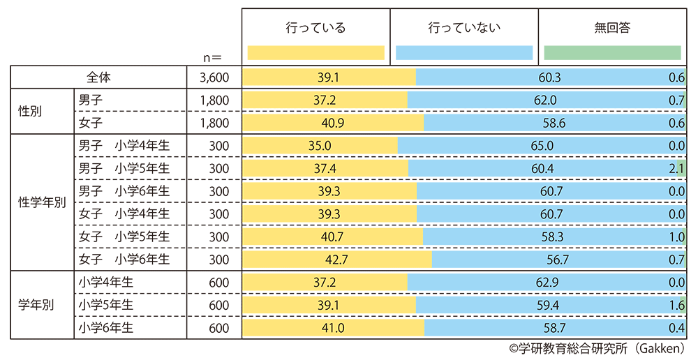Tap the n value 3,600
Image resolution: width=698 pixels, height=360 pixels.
point(214,77)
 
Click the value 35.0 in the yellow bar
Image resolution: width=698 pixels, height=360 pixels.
point(319,146)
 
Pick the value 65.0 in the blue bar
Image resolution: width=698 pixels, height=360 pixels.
point(542,146)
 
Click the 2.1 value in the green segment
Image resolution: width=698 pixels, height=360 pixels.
point(676,169)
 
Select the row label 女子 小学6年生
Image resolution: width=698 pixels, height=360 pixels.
point(124,260)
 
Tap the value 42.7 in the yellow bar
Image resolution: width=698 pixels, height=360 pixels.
point(337,260)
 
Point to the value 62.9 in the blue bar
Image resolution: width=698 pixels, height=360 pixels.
point(546,282)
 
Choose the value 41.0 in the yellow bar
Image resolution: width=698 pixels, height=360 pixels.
point(333,327)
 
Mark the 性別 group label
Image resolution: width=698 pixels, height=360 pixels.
point(32,112)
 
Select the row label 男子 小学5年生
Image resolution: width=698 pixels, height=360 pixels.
point(124,169)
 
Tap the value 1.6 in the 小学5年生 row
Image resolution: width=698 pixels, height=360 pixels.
point(676,305)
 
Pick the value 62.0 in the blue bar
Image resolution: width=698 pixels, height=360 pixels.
point(545,100)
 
